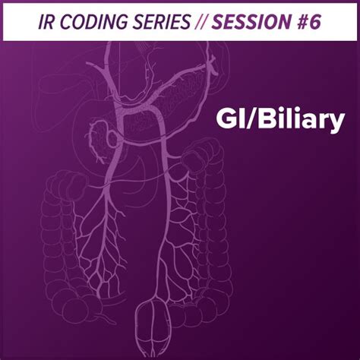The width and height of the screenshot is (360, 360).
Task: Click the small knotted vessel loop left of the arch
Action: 99,137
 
